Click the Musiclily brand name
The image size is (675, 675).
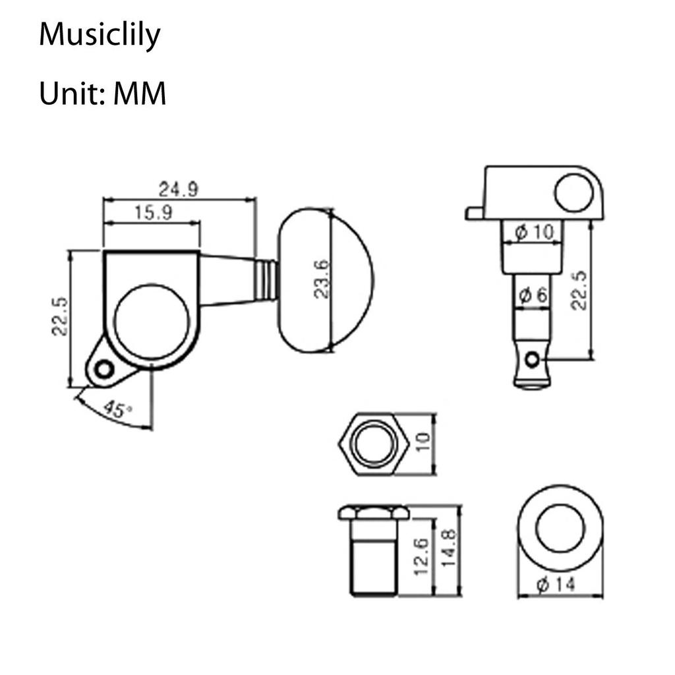click(x=100, y=35)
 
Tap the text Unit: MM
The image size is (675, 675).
click(x=102, y=94)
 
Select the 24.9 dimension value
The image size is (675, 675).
click(x=178, y=189)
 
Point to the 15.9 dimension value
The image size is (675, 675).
click(x=153, y=213)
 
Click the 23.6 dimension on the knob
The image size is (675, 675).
click(x=322, y=279)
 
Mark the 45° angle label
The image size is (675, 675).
click(x=117, y=411)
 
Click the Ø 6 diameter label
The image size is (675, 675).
click(x=533, y=296)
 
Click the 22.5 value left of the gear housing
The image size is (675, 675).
click(x=60, y=316)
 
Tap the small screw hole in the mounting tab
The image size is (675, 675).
click(x=102, y=368)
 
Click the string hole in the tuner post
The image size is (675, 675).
click(x=531, y=359)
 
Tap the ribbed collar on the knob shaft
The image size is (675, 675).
click(x=266, y=279)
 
